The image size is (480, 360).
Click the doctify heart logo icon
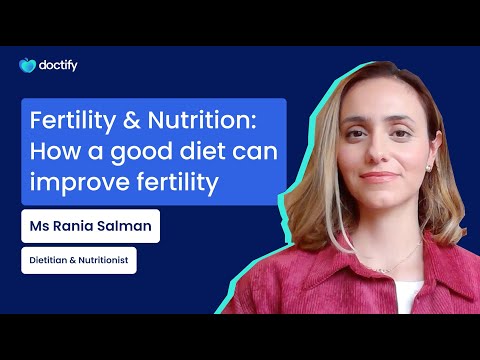point(27,66)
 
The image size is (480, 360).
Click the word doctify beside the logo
point(60,66)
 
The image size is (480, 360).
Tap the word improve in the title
point(75,184)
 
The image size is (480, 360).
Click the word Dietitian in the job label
point(49,261)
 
